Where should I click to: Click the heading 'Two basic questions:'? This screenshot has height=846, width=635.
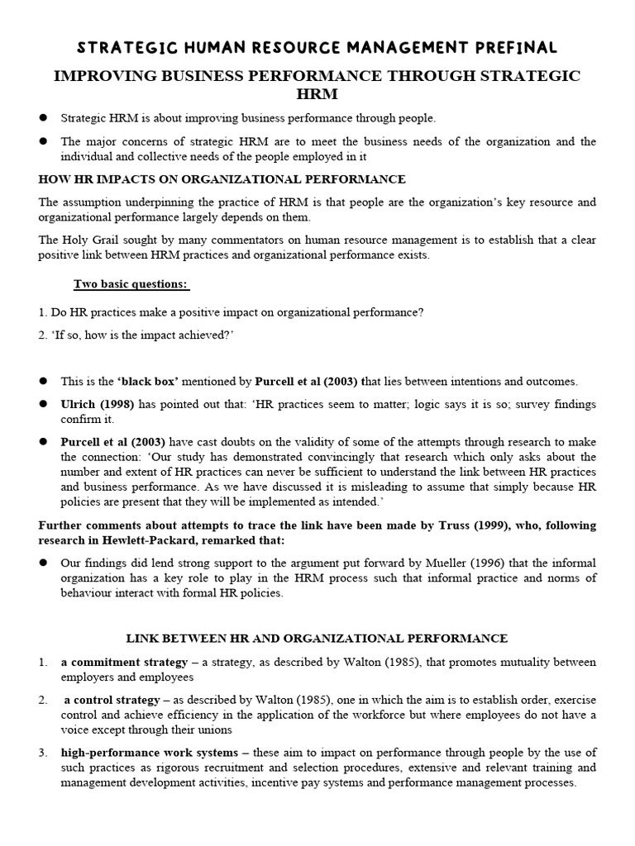(x=131, y=284)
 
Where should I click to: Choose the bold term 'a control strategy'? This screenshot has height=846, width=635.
(x=114, y=699)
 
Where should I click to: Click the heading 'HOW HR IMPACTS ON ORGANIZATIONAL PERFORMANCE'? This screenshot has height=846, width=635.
(x=222, y=179)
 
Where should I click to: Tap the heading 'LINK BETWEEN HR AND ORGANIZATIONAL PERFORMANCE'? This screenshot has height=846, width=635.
(x=317, y=639)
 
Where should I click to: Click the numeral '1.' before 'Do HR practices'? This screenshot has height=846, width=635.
(x=43, y=312)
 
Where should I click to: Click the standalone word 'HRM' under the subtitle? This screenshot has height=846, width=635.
(x=317, y=95)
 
